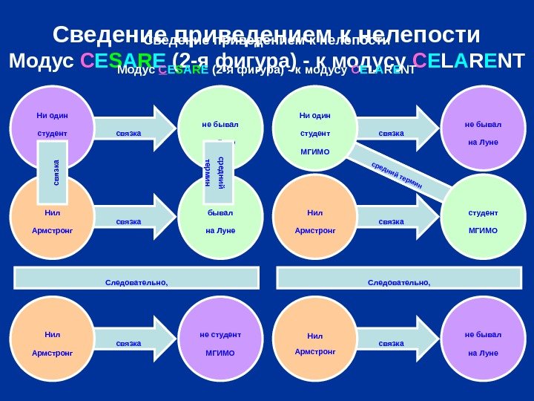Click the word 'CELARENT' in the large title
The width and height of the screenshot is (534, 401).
pos(469,60)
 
